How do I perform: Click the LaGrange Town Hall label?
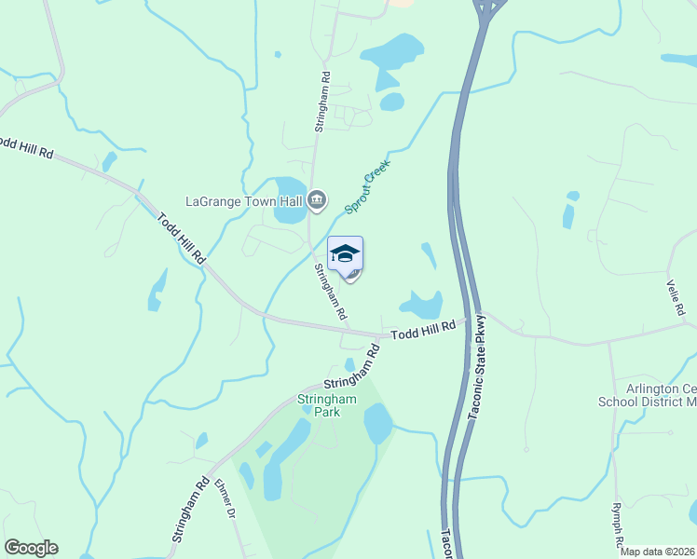pos(245,200)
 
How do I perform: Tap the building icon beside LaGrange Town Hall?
pos(317,198)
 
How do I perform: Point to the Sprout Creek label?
pos(367,186)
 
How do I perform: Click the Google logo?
pos(31,548)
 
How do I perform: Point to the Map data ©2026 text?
pos(658,552)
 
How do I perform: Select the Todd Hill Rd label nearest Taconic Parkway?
pos(423,329)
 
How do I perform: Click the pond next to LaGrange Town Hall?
pos(290,199)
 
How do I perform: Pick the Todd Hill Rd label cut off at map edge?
pos(25,148)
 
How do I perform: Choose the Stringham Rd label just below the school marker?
pos(330,293)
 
